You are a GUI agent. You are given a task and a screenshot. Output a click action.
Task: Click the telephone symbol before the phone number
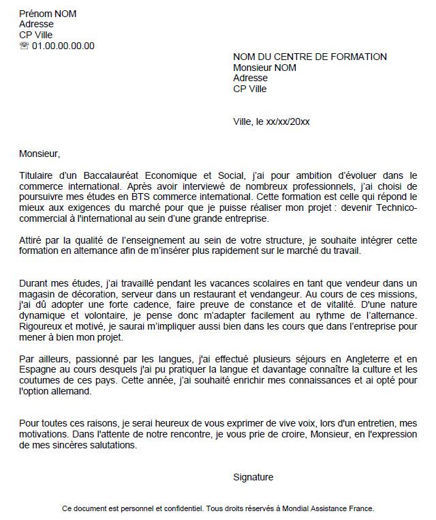click(25, 46)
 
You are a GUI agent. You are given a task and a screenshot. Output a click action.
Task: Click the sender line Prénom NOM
click(48, 14)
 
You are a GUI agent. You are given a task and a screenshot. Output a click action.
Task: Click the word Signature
click(253, 477)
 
